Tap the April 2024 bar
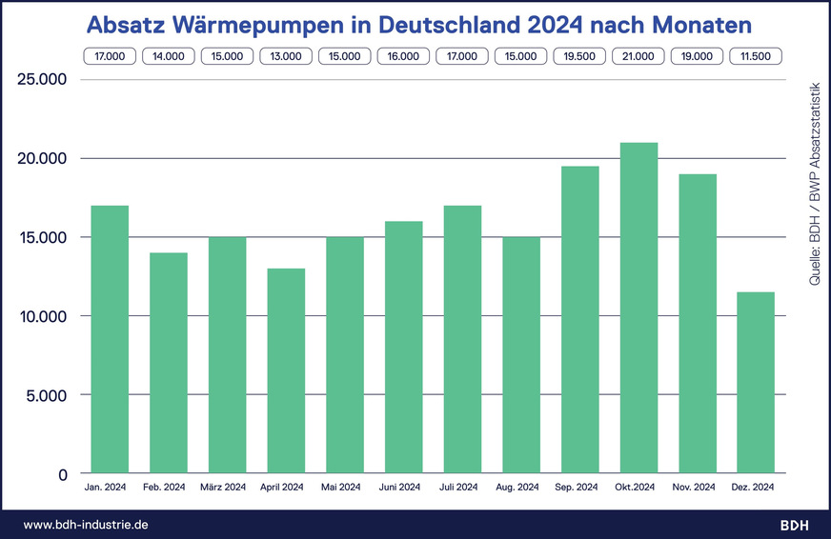coord(286,370)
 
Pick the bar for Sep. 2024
coord(579,319)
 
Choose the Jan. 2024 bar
coord(109,339)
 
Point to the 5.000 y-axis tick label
coord(48,395)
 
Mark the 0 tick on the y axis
coord(62,474)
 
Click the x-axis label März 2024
coord(227,488)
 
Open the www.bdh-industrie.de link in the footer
coord(85,525)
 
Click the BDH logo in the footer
coord(795,525)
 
